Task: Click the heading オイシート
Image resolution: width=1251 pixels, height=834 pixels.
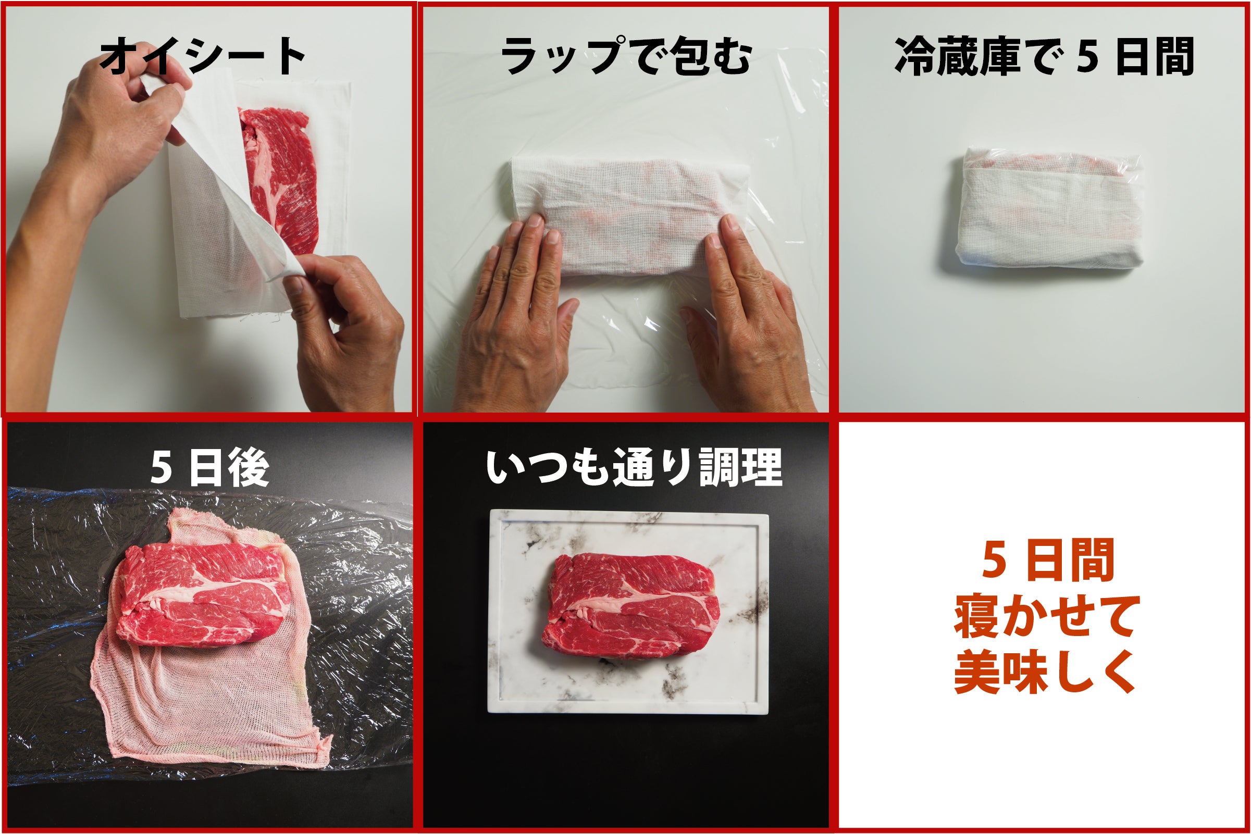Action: (203, 56)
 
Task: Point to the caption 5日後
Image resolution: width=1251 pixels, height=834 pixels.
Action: (209, 468)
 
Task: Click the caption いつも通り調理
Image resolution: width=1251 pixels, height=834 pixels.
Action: (634, 467)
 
